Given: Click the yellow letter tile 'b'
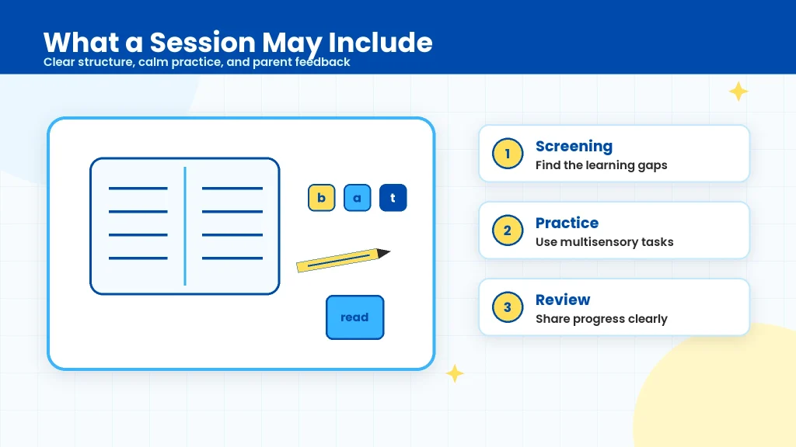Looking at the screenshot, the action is click(x=321, y=198).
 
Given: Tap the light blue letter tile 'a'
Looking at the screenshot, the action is click(x=358, y=198).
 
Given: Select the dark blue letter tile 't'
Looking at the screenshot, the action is click(x=393, y=198).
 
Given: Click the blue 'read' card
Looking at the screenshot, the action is click(x=354, y=317).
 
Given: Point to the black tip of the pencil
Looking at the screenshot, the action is click(x=389, y=252).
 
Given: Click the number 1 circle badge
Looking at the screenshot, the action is click(x=508, y=154).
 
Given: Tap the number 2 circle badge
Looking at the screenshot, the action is click(x=508, y=230).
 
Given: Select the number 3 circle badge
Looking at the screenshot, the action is click(x=508, y=307).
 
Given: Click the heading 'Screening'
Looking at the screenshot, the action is click(x=574, y=147).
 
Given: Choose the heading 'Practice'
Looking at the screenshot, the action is click(x=567, y=223).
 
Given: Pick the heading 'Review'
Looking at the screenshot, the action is click(x=563, y=300).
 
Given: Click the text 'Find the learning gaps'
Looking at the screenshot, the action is click(x=602, y=165).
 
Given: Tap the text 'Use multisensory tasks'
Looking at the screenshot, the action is click(x=605, y=242).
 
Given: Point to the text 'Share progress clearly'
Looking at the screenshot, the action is click(x=602, y=319).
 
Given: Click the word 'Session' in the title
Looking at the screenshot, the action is click(x=203, y=42).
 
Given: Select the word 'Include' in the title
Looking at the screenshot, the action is click(x=381, y=42).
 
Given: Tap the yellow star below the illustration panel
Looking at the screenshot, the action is click(x=455, y=373).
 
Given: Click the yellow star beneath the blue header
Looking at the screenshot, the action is click(x=738, y=92).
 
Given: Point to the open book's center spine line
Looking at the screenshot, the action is click(x=185, y=226).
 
